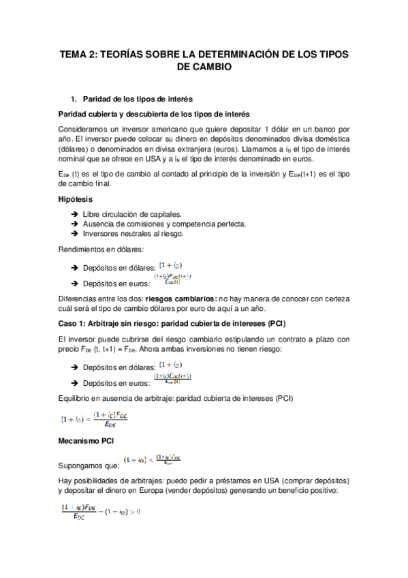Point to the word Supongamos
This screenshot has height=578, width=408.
[x=83, y=466]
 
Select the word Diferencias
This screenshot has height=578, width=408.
[x=81, y=296]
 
